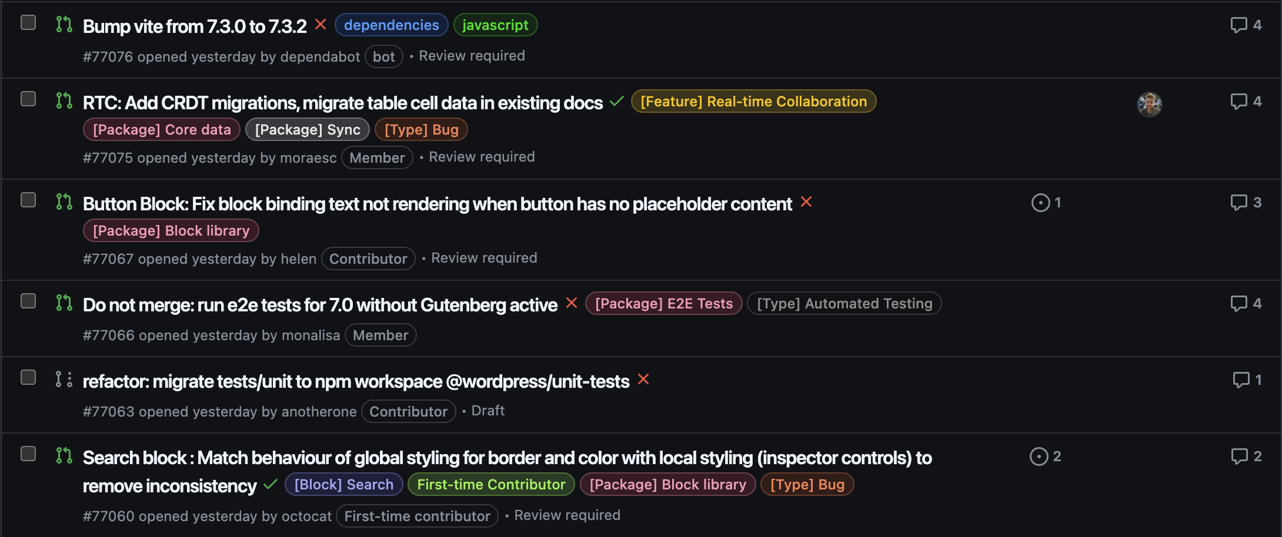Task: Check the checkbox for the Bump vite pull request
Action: [28, 23]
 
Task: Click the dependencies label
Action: [391, 25]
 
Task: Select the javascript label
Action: [495, 25]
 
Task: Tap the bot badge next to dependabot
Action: [383, 57]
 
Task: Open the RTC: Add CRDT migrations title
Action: [342, 103]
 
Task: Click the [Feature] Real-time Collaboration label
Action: [753, 102]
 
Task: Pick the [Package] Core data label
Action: [162, 130]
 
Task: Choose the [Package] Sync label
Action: [308, 130]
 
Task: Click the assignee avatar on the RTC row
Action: [1149, 105]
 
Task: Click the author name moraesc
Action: [308, 158]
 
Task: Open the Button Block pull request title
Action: [437, 204]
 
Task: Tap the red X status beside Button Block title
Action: [806, 202]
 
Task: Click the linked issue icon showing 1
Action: [1040, 203]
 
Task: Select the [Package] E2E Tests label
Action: [664, 304]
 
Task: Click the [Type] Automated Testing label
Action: [844, 304]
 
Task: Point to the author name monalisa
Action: [311, 335]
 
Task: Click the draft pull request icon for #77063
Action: [64, 379]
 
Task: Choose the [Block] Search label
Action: [343, 485]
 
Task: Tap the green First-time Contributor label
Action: [491, 485]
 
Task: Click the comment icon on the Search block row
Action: [1239, 457]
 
